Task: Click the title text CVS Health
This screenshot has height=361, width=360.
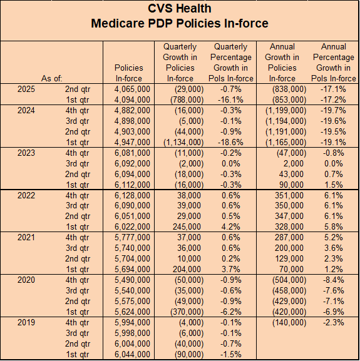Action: [x=180, y=9]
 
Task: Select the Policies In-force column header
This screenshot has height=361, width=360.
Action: [x=129, y=73]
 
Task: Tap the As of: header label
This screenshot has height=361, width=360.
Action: [x=52, y=78]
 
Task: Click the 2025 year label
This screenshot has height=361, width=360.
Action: [x=26, y=89]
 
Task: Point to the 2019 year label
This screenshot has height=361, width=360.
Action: [x=26, y=322]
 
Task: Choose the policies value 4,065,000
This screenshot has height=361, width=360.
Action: [x=132, y=89]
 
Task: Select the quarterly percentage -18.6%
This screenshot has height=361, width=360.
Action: [x=230, y=142]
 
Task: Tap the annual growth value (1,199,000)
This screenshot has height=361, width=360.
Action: [x=286, y=111]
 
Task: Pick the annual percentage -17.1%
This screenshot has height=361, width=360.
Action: [x=333, y=89]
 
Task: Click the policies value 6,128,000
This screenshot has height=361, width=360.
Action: [x=132, y=195]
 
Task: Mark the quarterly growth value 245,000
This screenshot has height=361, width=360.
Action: [x=187, y=226]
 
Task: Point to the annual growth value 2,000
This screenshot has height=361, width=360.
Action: [x=293, y=163]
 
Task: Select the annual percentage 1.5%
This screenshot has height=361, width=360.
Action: [x=333, y=185]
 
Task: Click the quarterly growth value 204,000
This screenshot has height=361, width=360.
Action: [x=187, y=269]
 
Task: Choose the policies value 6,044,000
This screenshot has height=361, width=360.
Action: [x=132, y=354]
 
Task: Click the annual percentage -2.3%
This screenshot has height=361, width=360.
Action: [x=333, y=322]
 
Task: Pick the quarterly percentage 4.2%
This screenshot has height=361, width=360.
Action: [x=230, y=226]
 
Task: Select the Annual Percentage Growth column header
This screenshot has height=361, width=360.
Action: [x=333, y=63]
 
